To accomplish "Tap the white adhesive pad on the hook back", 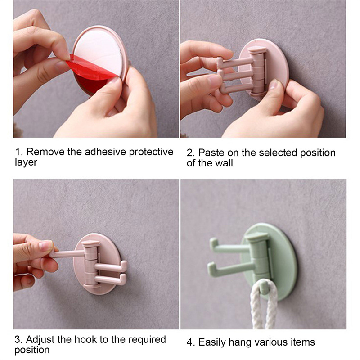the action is point(99,53).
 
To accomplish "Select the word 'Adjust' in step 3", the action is point(40,340).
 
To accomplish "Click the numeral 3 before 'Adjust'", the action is point(18,340).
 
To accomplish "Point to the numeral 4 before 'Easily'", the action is point(189,342).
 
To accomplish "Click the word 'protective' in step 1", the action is point(151,152).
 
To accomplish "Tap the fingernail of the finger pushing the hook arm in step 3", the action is point(46,246).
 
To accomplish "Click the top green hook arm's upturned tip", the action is point(213,243).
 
